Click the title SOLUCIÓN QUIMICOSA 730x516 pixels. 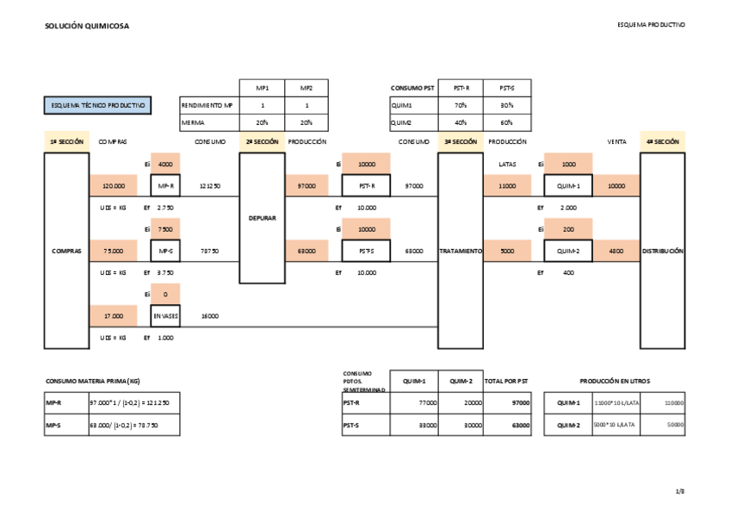coord(87,27)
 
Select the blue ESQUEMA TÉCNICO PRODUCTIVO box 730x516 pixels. coord(97,105)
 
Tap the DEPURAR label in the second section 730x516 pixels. coord(262,218)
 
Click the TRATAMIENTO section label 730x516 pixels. coord(461,251)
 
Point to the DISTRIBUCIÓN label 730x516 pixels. coord(662,251)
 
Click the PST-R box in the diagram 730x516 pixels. coord(366,185)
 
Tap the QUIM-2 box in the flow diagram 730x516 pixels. coord(567,251)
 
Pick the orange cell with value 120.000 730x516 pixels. coord(114,185)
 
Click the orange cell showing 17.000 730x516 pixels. coord(114,316)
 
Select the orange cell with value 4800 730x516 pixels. coord(616,251)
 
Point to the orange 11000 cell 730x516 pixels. coord(507,185)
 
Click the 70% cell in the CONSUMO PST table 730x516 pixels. coord(461,105)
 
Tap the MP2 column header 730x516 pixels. coord(306,88)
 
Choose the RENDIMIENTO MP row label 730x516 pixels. coord(207,105)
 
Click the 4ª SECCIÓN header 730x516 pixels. coord(662,141)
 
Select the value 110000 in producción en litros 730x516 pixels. coord(674,402)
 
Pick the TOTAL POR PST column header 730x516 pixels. coord(507,381)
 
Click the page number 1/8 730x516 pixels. coord(679,491)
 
